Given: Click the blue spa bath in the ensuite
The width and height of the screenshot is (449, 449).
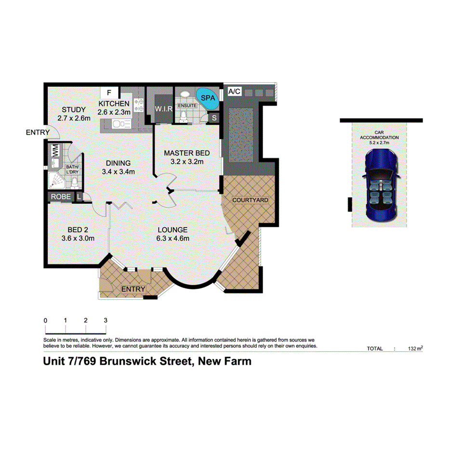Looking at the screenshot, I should [x=208, y=98].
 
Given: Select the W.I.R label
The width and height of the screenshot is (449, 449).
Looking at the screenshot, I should [x=163, y=109].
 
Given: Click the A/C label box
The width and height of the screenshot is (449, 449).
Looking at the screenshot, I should [x=235, y=91].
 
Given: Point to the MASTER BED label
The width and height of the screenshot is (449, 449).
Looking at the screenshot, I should [x=186, y=153].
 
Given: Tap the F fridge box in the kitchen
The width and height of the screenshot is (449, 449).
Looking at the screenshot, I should [x=109, y=92].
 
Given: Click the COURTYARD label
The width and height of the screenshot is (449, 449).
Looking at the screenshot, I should [x=250, y=200].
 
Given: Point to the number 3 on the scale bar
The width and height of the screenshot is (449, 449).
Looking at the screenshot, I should [x=106, y=320].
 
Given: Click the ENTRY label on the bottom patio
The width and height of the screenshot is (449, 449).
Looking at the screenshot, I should [x=133, y=289].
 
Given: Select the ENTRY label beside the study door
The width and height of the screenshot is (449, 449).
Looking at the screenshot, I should [x=38, y=132].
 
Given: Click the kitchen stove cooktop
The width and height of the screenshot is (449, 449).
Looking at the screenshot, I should [x=139, y=106].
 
